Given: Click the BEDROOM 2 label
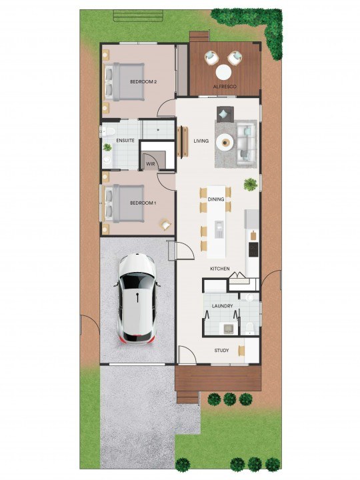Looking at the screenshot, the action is click(x=143, y=82).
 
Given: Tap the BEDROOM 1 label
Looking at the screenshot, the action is click(x=143, y=203).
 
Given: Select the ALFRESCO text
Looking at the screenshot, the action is click(x=225, y=87).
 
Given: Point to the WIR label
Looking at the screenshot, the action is click(x=151, y=164).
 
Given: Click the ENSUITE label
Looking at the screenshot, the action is click(x=125, y=141).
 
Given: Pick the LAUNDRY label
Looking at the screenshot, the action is click(x=222, y=306).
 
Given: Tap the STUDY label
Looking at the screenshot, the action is click(x=221, y=351).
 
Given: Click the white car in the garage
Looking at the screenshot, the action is click(x=137, y=299).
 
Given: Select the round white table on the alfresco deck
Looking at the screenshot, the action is click(x=223, y=73).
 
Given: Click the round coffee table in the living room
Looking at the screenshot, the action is click(x=225, y=142).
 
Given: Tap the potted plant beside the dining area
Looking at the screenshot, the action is click(x=251, y=185).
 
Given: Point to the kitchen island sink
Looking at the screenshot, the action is click(x=219, y=229).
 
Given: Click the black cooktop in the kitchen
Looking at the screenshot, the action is click(x=253, y=249).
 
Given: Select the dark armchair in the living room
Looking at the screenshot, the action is click(x=225, y=114).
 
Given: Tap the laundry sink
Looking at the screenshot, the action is click(x=228, y=329).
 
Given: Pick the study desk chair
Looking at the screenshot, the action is click(x=242, y=351).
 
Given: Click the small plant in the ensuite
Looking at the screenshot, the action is click(x=107, y=147).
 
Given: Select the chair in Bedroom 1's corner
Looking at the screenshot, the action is click(x=165, y=225).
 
